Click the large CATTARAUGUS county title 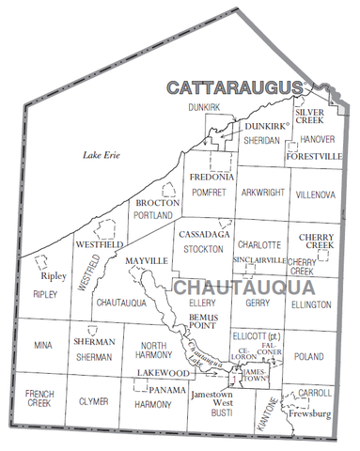point(235,87)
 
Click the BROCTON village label point(151,202)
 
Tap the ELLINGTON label point(312,304)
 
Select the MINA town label point(43,346)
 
